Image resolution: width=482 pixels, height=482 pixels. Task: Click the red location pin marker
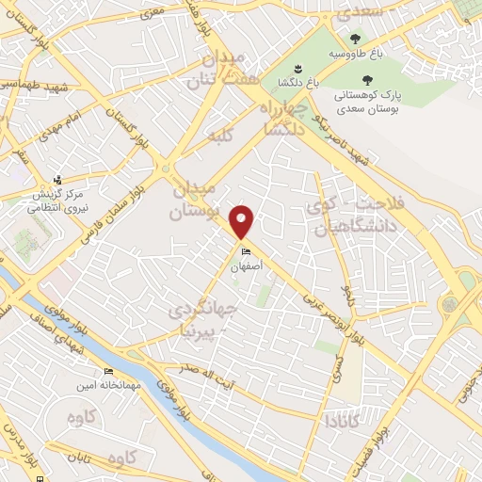point(243,221)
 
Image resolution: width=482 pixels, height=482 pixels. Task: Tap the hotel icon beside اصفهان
point(247,252)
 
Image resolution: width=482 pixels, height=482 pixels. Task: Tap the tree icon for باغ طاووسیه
point(355,40)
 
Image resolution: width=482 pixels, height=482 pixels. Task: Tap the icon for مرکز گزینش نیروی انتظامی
point(57,180)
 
